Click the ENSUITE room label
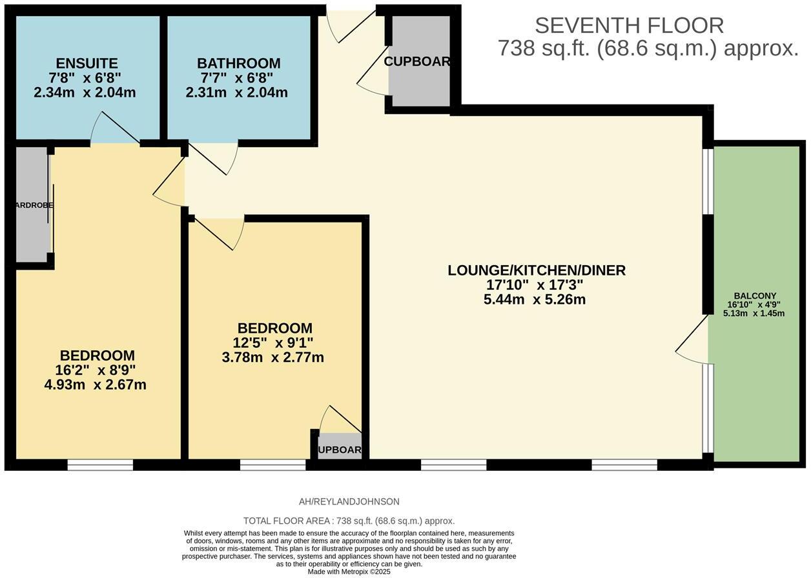87,63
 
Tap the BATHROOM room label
238,63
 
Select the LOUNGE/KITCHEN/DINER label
536,270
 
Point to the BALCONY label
754,296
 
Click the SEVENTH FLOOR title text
629,26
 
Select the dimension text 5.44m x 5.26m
534,299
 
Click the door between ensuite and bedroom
115,129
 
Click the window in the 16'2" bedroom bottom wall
100,464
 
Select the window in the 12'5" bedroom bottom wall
272,464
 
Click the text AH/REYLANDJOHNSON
349,501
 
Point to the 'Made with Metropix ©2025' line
349,572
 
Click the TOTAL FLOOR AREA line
349,521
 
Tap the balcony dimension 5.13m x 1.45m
754,314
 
